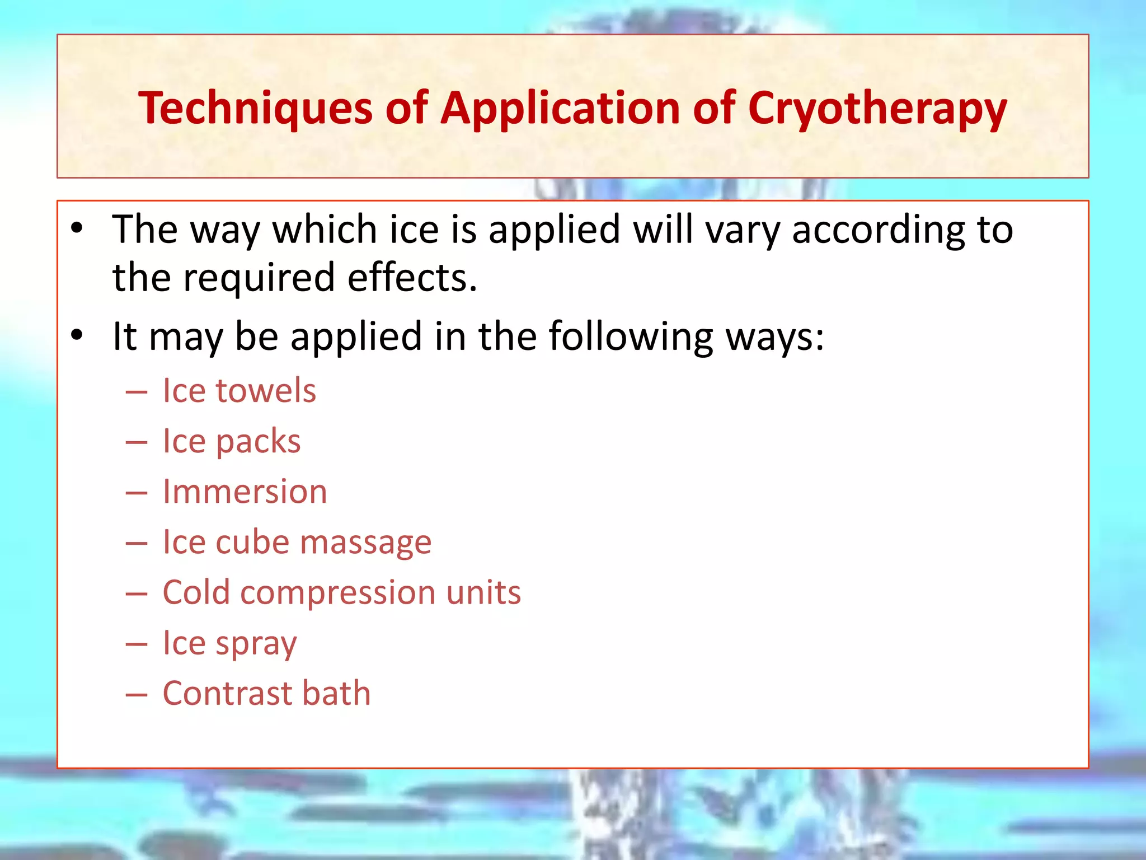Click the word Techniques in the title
(x=255, y=107)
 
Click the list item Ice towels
(x=239, y=390)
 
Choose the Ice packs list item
(x=231, y=441)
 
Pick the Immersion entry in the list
(x=245, y=492)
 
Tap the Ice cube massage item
(x=297, y=542)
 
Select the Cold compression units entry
(x=341, y=592)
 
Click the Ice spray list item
(x=229, y=643)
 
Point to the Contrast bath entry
(x=266, y=693)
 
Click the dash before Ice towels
(x=137, y=391)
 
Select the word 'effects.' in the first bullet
(x=412, y=277)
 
